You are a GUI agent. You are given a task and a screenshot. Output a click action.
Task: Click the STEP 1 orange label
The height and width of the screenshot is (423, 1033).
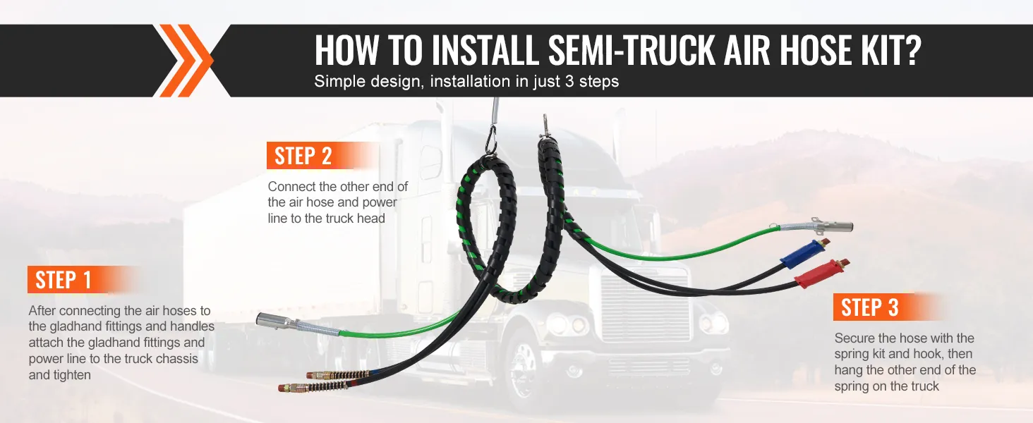pos(64,280)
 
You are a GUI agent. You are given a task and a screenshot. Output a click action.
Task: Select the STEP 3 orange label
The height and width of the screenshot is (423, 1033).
pos(870,308)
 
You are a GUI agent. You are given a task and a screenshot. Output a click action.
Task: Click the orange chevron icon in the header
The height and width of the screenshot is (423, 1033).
pos(185,61)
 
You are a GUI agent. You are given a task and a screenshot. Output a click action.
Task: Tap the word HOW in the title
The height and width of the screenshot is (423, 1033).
pos(348,50)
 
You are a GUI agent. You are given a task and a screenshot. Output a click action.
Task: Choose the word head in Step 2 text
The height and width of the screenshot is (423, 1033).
pos(371,219)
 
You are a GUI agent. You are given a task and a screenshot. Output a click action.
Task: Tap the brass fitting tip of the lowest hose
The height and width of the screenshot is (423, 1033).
pos(284,387)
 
